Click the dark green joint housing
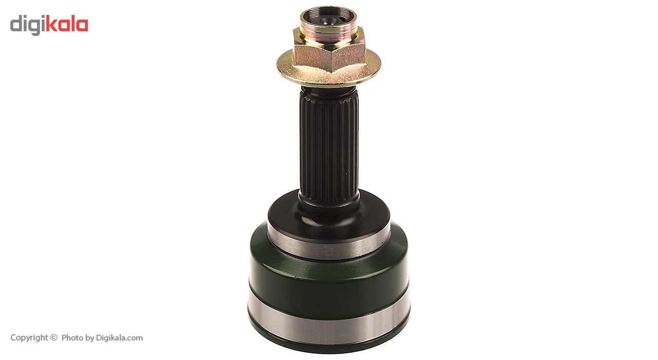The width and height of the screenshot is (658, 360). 328,282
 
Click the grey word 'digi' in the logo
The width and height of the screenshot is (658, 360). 28,26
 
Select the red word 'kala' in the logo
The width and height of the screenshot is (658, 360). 67,24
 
